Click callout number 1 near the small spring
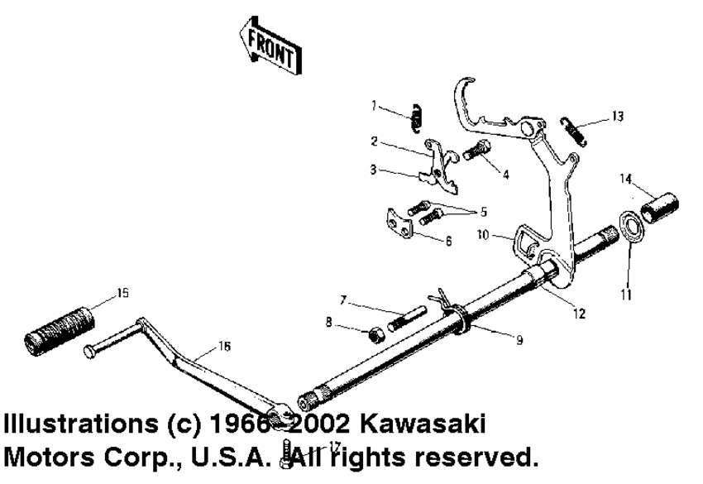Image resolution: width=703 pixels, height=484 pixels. point(374,105)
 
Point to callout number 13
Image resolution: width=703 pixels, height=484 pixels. point(618,117)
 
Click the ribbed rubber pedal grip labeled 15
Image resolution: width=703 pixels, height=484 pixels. point(61,330)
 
